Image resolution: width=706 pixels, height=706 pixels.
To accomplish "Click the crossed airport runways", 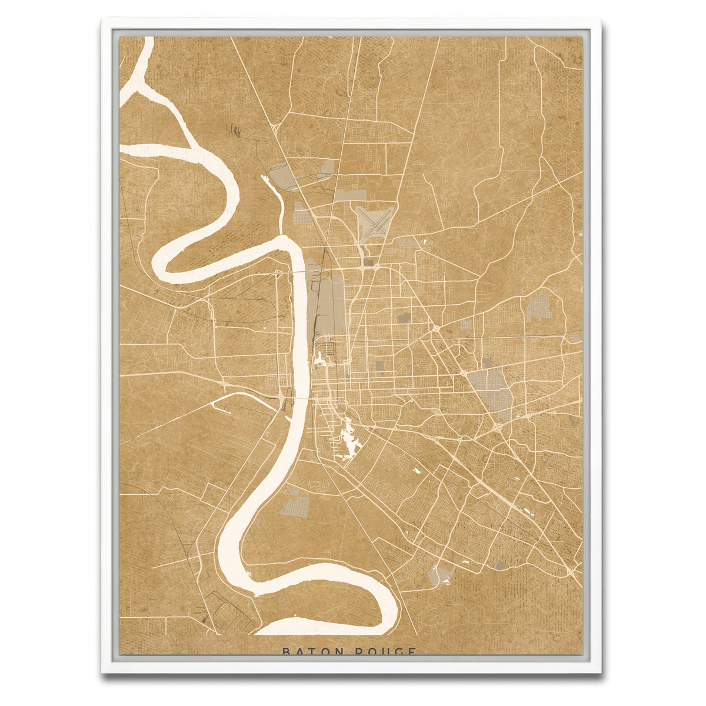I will click(375, 223).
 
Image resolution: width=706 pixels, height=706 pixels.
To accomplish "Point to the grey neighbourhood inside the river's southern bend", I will click(294, 506).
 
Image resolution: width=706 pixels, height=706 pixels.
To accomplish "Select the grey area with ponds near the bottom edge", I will click(440, 574).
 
